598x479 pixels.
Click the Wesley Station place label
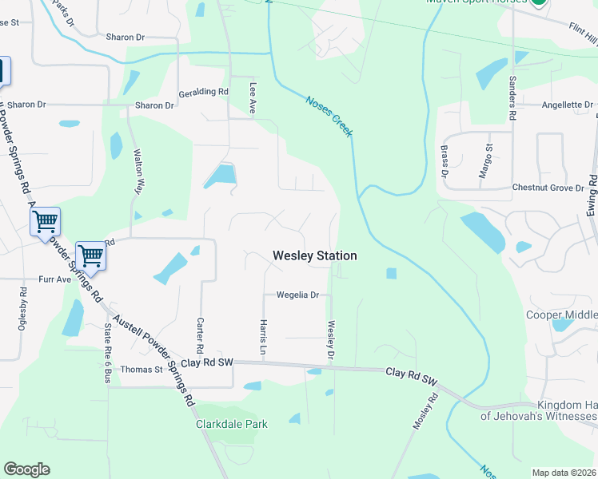(x=314, y=255)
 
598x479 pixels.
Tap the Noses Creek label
(x=329, y=116)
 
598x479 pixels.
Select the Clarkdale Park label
(x=232, y=424)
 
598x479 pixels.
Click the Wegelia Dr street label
(x=297, y=295)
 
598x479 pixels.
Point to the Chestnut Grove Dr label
(x=548, y=188)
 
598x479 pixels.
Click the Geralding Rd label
(x=204, y=92)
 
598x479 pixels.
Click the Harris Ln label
(x=262, y=337)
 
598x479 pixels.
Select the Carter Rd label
(x=200, y=336)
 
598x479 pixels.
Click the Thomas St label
(x=142, y=370)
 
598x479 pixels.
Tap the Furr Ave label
(x=55, y=280)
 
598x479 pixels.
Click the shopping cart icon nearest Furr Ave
(x=90, y=255)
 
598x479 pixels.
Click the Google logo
(x=26, y=469)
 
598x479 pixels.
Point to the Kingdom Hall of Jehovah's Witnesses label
(x=539, y=410)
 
